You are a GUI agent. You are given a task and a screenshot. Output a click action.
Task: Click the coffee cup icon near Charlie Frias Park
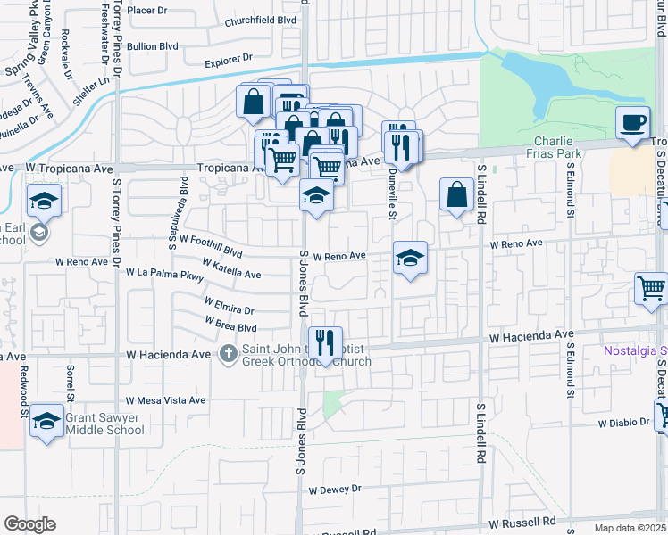[x=633, y=123]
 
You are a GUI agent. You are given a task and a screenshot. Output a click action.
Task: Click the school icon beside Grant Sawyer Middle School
[x=46, y=422]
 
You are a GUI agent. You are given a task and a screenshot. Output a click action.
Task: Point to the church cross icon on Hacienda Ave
[x=229, y=354]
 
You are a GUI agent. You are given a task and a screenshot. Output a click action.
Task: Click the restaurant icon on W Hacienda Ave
[x=324, y=342]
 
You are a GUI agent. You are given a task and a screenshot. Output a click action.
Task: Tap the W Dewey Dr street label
[x=335, y=489]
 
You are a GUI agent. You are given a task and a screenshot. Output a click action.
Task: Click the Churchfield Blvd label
[x=260, y=21]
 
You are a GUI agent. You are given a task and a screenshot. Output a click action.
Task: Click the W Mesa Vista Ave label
[x=166, y=401]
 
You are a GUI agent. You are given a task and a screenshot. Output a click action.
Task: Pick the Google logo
[x=29, y=524]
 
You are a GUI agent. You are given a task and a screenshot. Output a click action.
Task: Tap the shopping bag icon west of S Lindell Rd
[x=456, y=194]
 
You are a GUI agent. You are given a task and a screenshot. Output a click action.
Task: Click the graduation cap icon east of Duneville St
[x=410, y=258]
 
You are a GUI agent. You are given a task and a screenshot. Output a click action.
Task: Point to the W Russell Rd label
[x=526, y=521]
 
